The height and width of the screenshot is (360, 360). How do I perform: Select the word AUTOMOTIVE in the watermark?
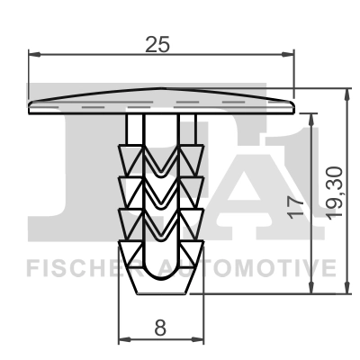click(x=247, y=267)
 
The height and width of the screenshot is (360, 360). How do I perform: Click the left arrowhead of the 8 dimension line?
click(x=124, y=339)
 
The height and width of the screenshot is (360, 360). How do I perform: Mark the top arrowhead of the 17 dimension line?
click(x=311, y=117)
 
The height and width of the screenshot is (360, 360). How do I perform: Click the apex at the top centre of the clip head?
click(x=162, y=89)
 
